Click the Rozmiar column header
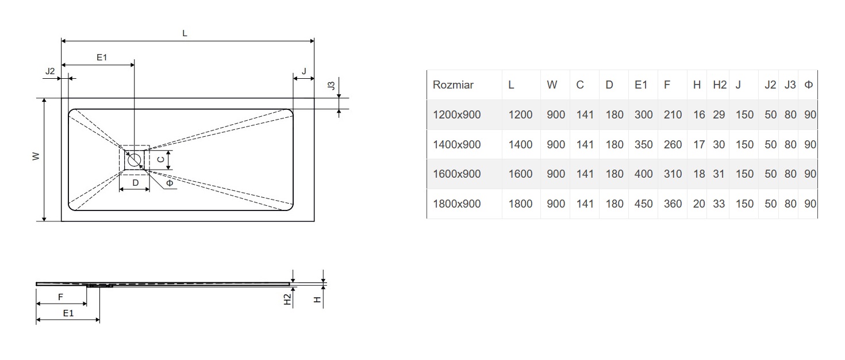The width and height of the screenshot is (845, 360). [x=453, y=85]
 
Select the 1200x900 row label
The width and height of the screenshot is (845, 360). [x=456, y=115]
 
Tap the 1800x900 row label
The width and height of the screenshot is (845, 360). [x=456, y=204]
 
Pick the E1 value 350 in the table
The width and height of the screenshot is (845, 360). [x=643, y=144]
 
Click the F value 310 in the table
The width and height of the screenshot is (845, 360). [x=673, y=174]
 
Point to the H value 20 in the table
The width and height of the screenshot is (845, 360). [x=698, y=204]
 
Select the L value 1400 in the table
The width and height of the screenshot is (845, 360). [x=520, y=144]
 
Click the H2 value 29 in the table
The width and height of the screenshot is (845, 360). [x=719, y=115]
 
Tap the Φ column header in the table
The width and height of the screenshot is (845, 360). [x=809, y=85]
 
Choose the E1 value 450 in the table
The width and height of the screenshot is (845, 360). [x=643, y=204]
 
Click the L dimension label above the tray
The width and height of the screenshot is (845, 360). [x=185, y=33]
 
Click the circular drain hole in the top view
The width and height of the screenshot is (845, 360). [x=134, y=159]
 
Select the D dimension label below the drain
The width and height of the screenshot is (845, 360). [x=135, y=183]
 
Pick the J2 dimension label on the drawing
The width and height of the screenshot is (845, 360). [x=50, y=71]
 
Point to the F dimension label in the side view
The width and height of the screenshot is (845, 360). [x=61, y=297]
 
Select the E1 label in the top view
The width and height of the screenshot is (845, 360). [x=102, y=57]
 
